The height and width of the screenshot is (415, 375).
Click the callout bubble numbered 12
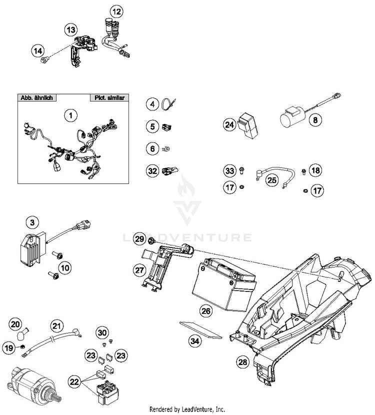click(116, 10)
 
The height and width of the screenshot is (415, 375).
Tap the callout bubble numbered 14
click(37, 50)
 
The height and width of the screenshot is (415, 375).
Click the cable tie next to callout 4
click(168, 104)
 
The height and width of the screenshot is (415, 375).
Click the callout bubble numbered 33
click(229, 171)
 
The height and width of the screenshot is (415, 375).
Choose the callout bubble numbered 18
click(315, 171)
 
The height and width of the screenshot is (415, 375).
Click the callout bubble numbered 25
click(271, 179)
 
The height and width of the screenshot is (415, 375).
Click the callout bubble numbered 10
click(65, 269)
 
